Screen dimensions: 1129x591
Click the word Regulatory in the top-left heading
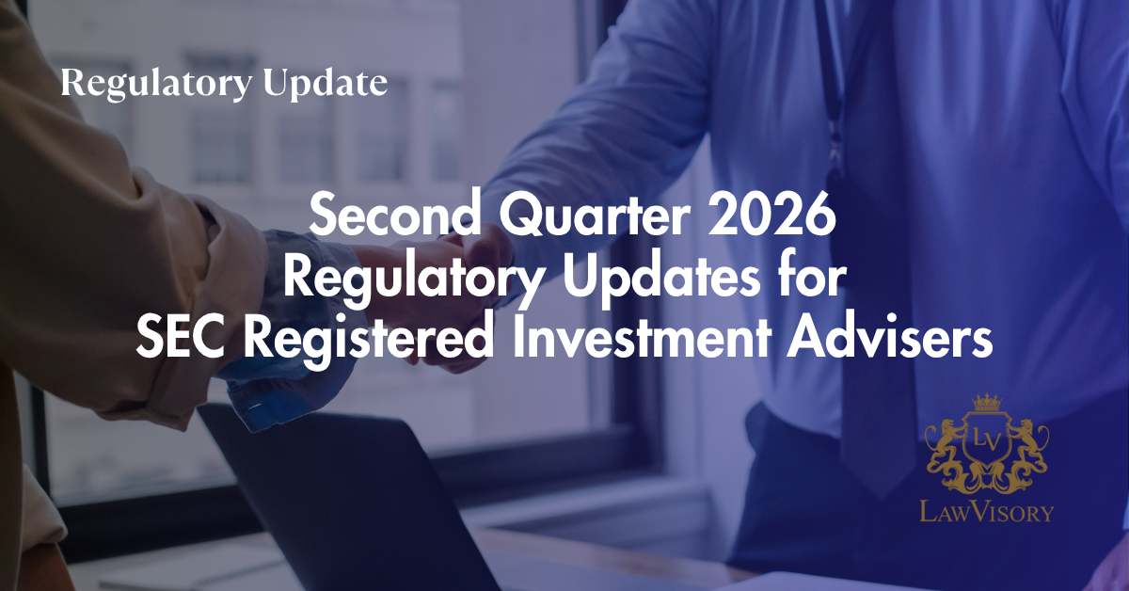(156, 84)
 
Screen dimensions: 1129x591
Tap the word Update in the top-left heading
(326, 84)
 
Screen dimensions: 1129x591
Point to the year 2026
(771, 215)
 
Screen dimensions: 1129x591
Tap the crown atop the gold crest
(986, 403)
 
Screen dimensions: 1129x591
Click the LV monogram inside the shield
(986, 440)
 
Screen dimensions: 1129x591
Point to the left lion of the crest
(945, 444)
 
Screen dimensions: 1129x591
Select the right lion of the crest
(1027, 444)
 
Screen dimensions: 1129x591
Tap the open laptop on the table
(353, 499)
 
